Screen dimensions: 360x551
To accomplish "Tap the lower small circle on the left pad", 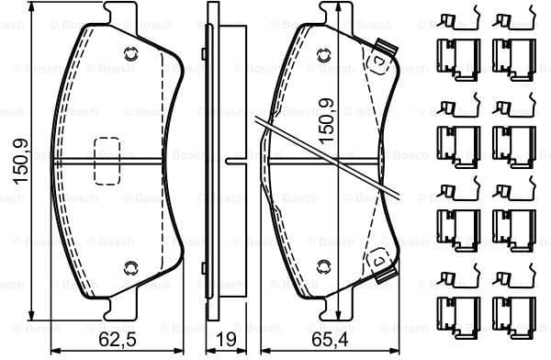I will (128, 267).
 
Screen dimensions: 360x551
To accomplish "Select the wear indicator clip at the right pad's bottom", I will (377, 264).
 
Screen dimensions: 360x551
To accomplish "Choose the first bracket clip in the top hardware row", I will (455, 55).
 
